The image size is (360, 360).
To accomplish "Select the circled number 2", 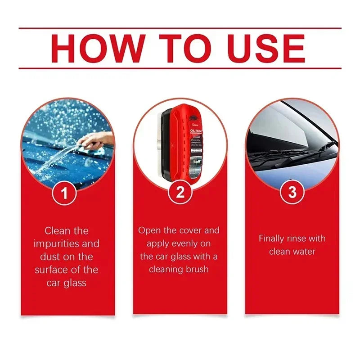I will tap(180, 193).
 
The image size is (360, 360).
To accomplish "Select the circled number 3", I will tap(292, 193).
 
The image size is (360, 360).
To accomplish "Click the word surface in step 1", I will tap(51, 270).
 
